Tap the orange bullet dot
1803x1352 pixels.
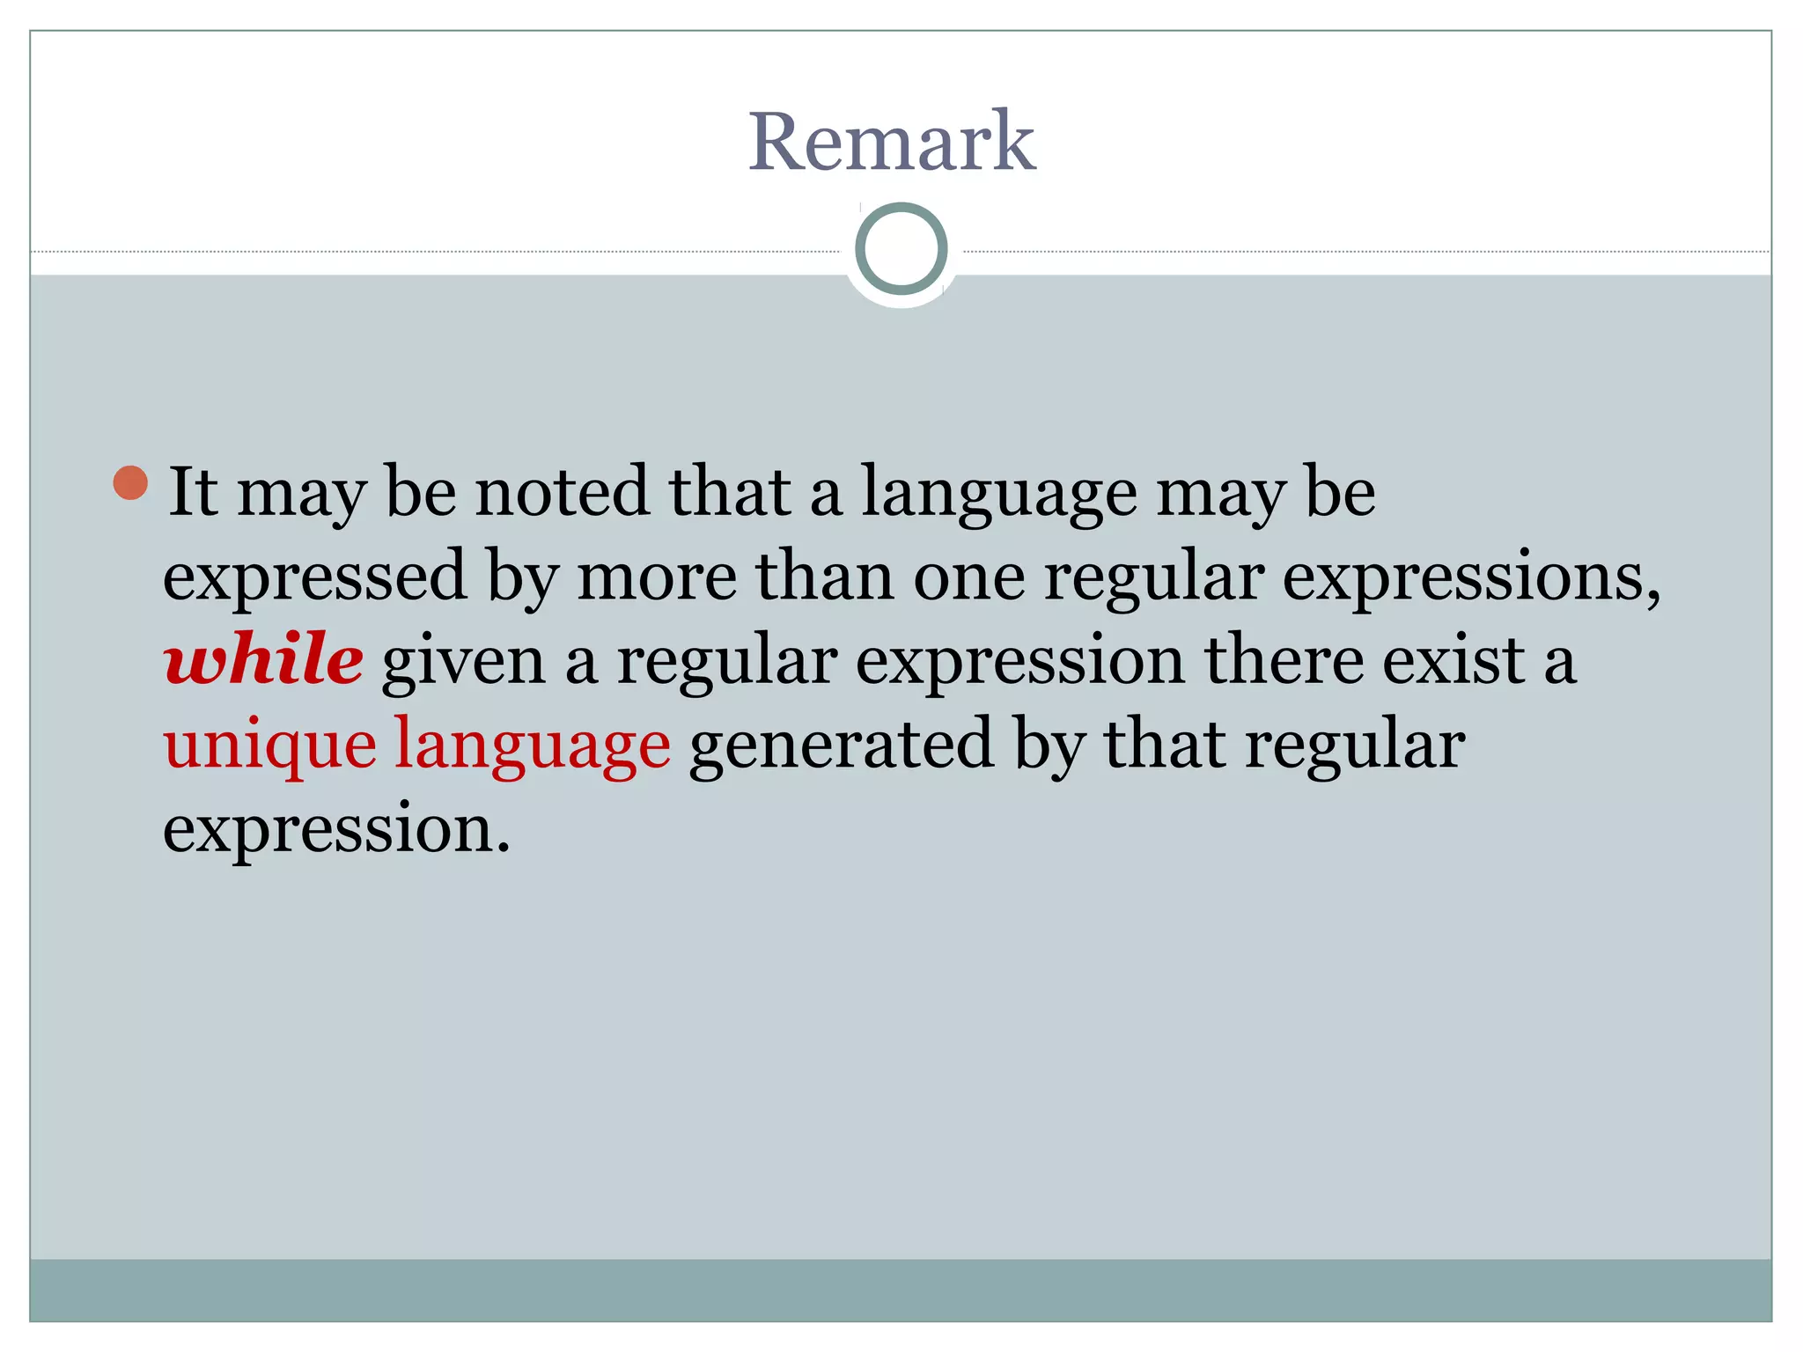point(131,482)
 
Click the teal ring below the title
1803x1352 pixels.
point(901,249)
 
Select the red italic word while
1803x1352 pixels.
point(263,659)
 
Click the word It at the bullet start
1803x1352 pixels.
point(192,491)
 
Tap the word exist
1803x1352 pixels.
point(1453,660)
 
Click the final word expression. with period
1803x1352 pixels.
point(336,830)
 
